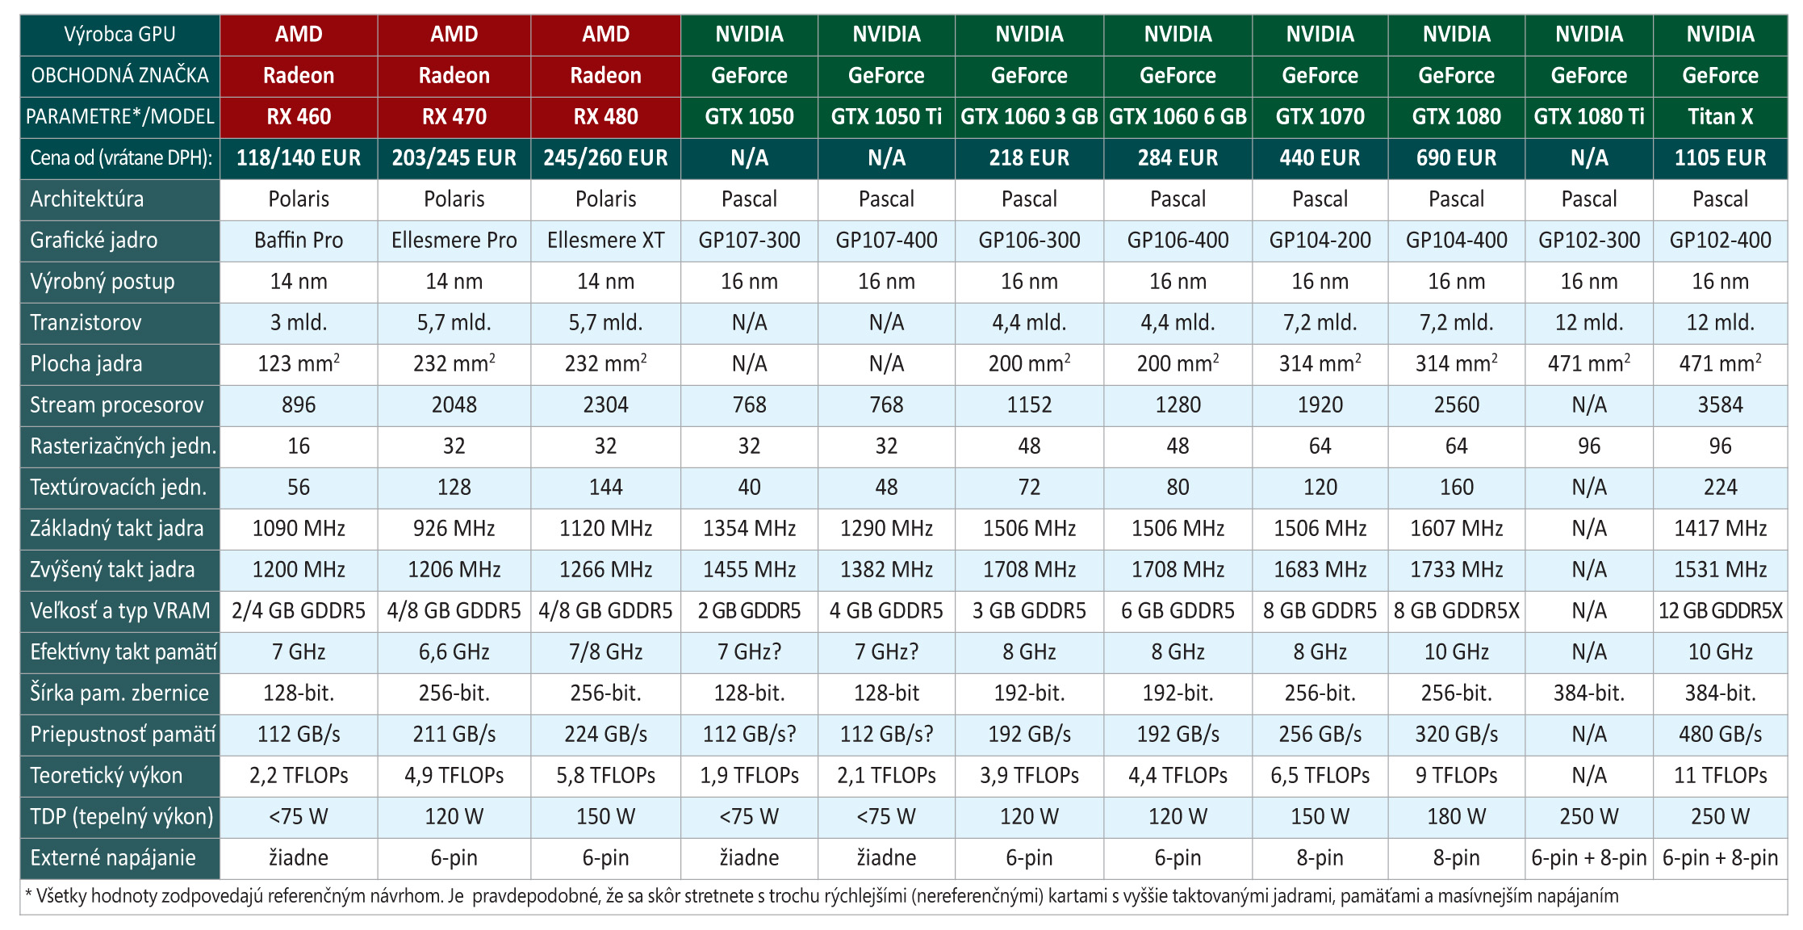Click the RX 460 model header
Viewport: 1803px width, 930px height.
click(299, 117)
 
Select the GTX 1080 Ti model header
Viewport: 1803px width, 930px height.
click(1588, 117)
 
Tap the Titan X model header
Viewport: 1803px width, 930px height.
click(1720, 117)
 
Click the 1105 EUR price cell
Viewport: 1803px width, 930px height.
click(1720, 158)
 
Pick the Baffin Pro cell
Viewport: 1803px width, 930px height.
click(299, 241)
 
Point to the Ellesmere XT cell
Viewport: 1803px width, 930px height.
click(605, 241)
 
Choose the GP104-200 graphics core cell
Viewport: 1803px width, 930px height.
click(1320, 241)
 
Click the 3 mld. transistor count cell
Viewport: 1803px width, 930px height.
click(299, 323)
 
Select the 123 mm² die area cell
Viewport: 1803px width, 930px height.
click(299, 364)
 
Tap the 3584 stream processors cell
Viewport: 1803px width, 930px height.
click(1720, 405)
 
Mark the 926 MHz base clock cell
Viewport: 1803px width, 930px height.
click(454, 529)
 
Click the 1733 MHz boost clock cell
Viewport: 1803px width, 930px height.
click(1456, 570)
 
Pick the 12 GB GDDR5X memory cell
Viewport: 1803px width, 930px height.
click(1720, 611)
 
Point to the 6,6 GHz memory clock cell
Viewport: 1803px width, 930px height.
click(454, 652)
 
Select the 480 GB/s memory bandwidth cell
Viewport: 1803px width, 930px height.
click(1720, 735)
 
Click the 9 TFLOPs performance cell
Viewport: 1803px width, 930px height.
click(1456, 776)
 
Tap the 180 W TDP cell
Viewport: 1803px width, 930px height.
click(1456, 817)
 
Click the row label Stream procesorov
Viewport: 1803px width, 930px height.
click(117, 405)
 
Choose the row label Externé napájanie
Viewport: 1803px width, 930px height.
click(113, 858)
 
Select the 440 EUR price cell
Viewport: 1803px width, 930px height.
click(1320, 158)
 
